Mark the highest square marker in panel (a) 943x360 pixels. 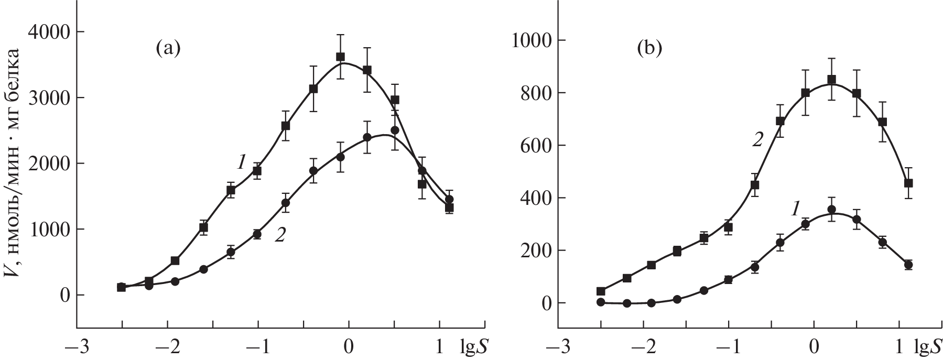coord(340,57)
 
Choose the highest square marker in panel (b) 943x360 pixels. coord(831,80)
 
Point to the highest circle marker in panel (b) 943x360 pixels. coord(831,210)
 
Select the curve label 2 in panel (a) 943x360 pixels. coord(280,236)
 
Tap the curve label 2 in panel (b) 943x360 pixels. coord(757,140)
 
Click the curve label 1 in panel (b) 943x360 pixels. coord(795,210)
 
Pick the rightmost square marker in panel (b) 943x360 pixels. coord(908,183)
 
